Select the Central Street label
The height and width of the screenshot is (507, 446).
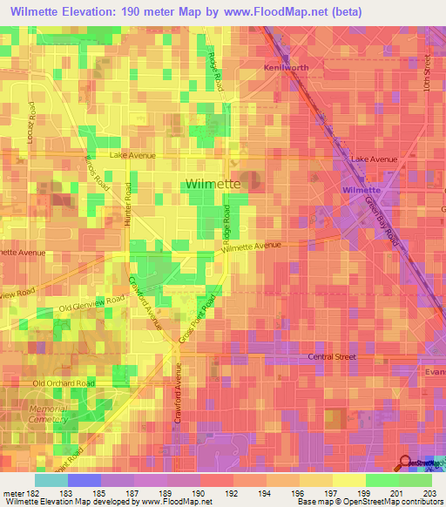(x=334, y=357)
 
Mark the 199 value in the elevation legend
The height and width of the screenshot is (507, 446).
(x=348, y=493)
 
